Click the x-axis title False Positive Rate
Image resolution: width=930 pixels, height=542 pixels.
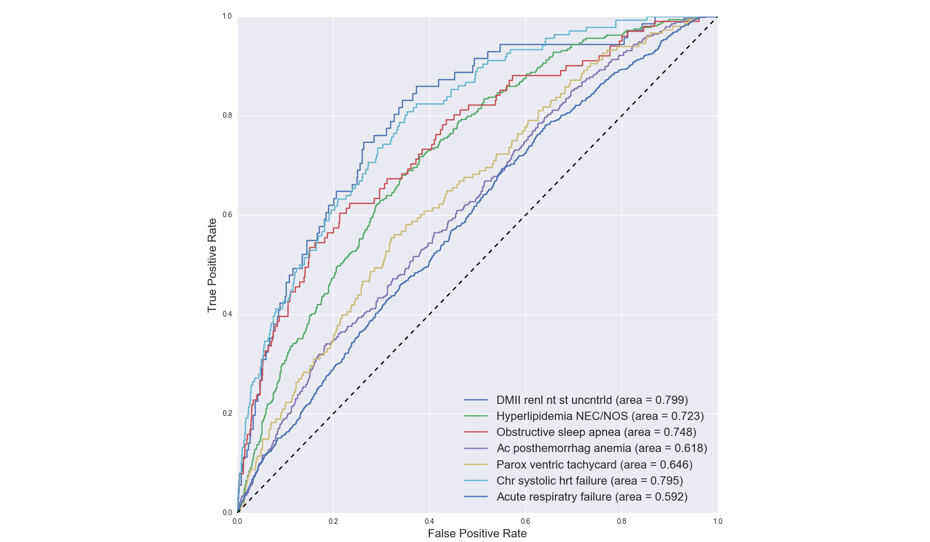click(x=477, y=534)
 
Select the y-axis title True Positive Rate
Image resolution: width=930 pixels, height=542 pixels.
click(x=212, y=265)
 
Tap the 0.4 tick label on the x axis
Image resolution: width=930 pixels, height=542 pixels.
click(x=429, y=521)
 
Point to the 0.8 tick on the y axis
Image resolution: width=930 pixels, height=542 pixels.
click(x=227, y=116)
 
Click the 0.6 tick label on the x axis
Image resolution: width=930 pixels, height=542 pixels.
click(x=525, y=521)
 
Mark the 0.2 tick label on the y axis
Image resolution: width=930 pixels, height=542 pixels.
click(x=227, y=413)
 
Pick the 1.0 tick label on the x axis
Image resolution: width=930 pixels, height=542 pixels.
click(x=718, y=521)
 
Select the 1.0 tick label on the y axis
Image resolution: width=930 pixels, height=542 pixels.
click(x=227, y=17)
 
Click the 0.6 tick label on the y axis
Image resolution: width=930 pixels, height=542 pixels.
click(x=227, y=215)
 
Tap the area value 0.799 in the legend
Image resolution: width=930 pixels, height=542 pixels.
click(x=670, y=400)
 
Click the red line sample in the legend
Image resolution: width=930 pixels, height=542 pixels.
click(x=476, y=432)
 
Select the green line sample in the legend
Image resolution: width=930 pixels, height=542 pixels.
click(x=476, y=416)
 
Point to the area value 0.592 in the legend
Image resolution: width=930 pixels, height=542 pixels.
click(x=669, y=497)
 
